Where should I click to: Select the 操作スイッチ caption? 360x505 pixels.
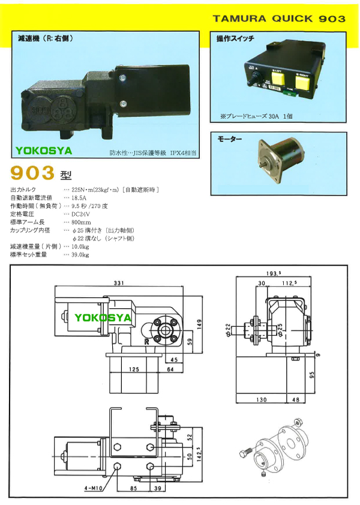pos(235,39)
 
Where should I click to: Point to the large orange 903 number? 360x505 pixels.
pos(33,174)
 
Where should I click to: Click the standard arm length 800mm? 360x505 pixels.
pos(81,223)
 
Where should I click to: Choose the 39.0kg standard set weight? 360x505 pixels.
pos(80,255)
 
